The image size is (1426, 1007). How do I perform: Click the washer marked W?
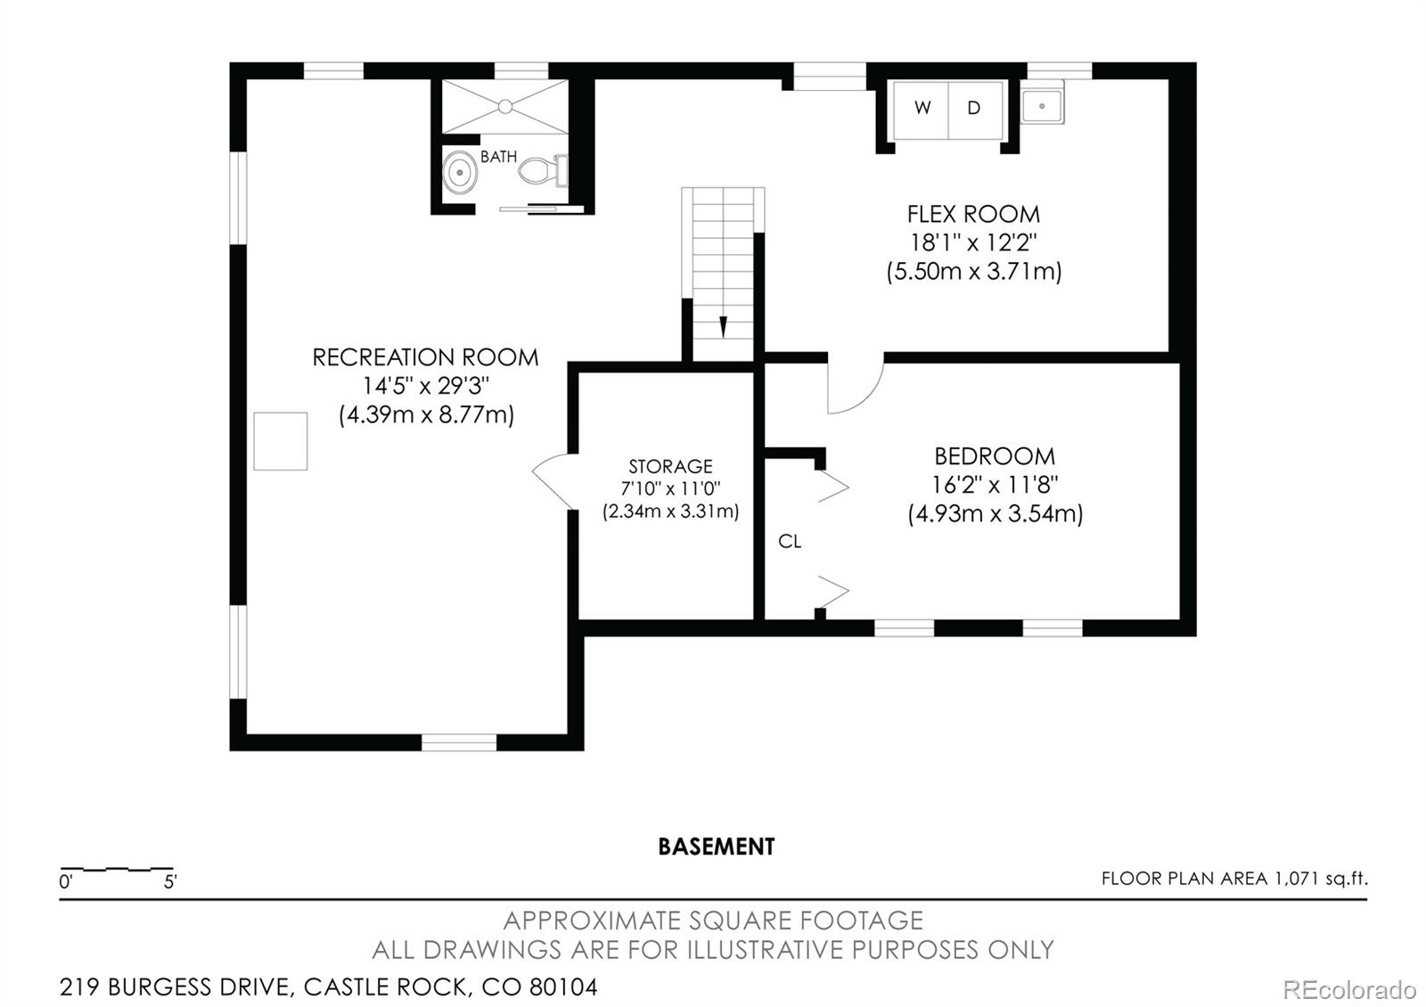coord(922,109)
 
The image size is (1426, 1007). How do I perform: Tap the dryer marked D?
coord(975,109)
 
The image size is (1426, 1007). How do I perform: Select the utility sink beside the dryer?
coord(1041,106)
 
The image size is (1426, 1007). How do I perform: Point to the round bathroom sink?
coord(460,171)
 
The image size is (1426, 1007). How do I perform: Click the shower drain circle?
coord(505,107)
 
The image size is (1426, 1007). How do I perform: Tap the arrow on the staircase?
coord(723,326)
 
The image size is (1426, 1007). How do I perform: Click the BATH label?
coord(498,157)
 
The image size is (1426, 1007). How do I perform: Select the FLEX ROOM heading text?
coord(973,214)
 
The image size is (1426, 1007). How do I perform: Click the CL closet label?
coord(790,541)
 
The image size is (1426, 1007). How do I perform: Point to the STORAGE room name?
coord(670,466)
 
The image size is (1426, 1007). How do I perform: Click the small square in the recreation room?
coord(280,441)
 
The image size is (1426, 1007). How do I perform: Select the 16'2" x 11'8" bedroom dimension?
coord(995,485)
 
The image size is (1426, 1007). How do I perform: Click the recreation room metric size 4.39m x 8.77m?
coord(426,414)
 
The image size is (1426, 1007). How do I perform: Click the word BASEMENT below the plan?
coord(716,847)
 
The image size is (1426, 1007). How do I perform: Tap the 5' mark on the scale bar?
coord(170,882)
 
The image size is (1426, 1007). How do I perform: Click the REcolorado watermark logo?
coord(1348,989)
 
